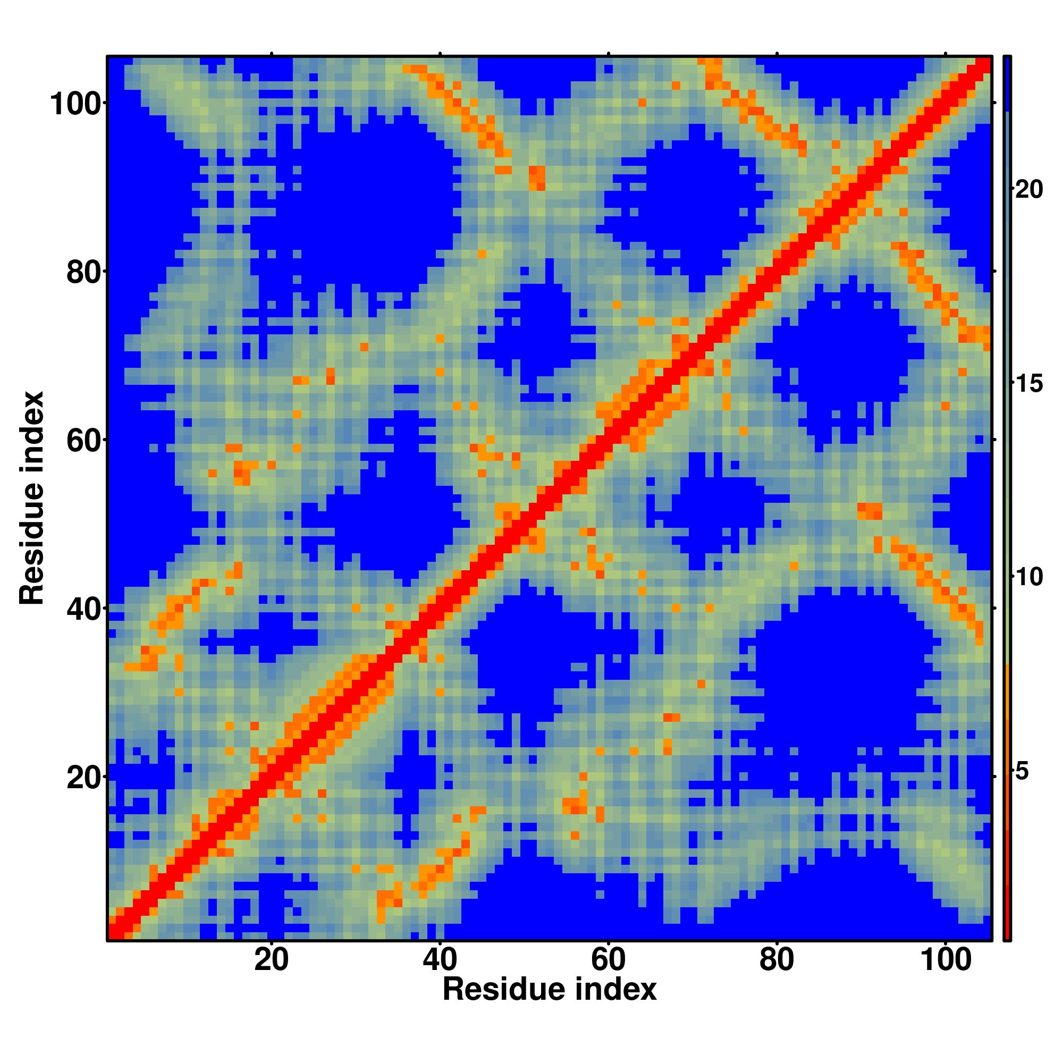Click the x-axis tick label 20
pos(271,960)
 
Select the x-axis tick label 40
pos(440,960)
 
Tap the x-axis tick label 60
pos(608,960)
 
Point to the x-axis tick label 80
pos(777,960)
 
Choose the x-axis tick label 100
pos(945,960)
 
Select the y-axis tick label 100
pos(77,105)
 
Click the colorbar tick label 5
pos(1022,771)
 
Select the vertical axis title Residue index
pos(32,499)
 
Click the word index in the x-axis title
pos(615,989)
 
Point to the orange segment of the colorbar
pos(1006,710)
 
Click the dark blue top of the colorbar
pos(1006,82)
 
